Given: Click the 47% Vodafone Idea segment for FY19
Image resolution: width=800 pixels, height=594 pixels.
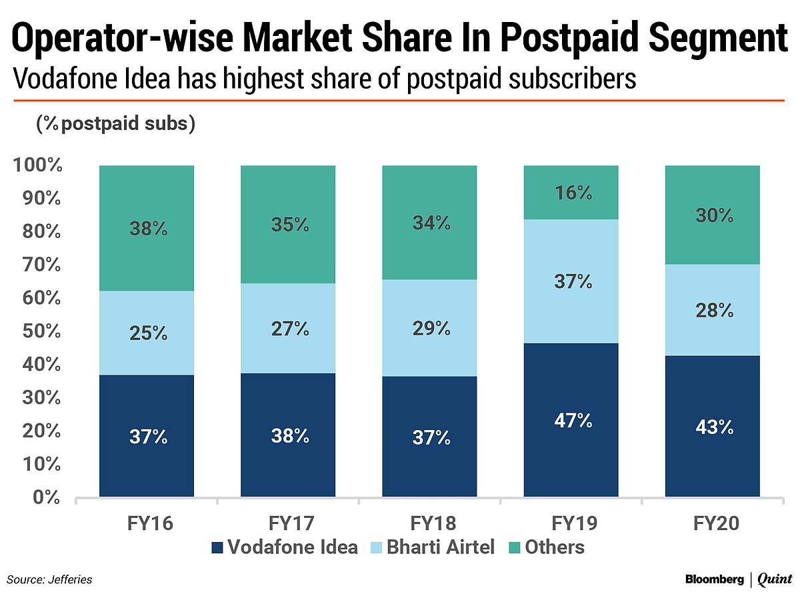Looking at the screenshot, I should coord(571,420).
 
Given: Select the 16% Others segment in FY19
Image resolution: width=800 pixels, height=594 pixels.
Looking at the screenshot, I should coord(571,193).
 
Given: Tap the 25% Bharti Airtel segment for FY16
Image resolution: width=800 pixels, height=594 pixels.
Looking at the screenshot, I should coord(147,332).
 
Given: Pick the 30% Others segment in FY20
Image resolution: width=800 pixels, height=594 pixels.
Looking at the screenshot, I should coord(712,215).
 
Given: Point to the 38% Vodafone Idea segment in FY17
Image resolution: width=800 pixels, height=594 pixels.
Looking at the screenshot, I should coord(288,435).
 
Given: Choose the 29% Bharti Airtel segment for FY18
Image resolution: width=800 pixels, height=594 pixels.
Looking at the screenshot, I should coord(429,328).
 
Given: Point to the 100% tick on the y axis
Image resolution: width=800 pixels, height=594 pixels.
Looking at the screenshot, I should coord(37,165).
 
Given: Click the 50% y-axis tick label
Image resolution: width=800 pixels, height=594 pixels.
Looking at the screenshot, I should coord(42,331).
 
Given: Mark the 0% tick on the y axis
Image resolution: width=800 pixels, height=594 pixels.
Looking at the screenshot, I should coord(47,497).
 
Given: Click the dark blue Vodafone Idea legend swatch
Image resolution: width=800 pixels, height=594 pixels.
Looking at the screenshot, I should coord(217,548).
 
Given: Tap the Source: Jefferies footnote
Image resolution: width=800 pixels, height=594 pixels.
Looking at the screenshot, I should coord(50,579).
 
